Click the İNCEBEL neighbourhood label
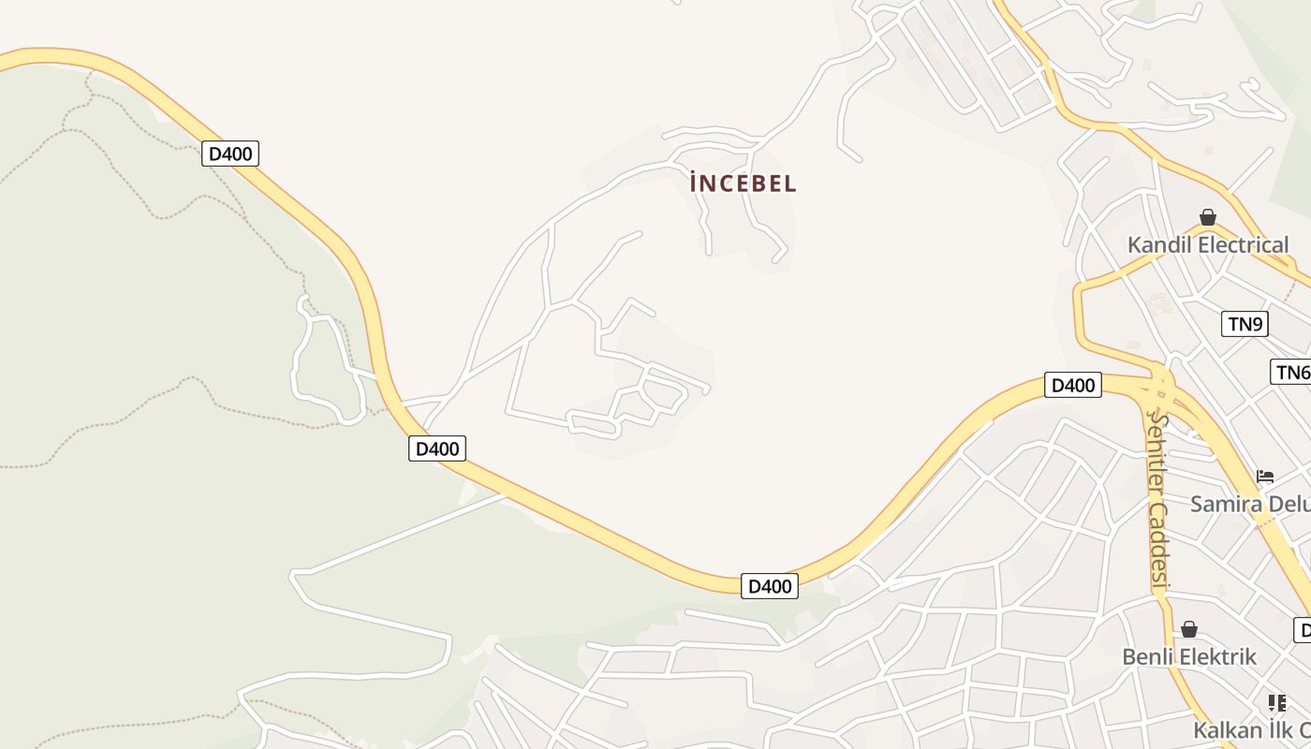coord(743,184)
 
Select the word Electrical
coord(1244,245)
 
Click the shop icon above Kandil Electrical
coord(1208,218)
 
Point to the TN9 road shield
coord(1245,325)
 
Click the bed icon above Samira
coord(1265,477)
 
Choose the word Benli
coord(1147,657)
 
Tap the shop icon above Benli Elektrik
coord(1189,630)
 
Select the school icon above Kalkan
coord(1276,702)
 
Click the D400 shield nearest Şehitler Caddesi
coord(1072,385)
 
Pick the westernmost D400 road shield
coord(229,154)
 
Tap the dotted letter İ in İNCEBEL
coord(694,184)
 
